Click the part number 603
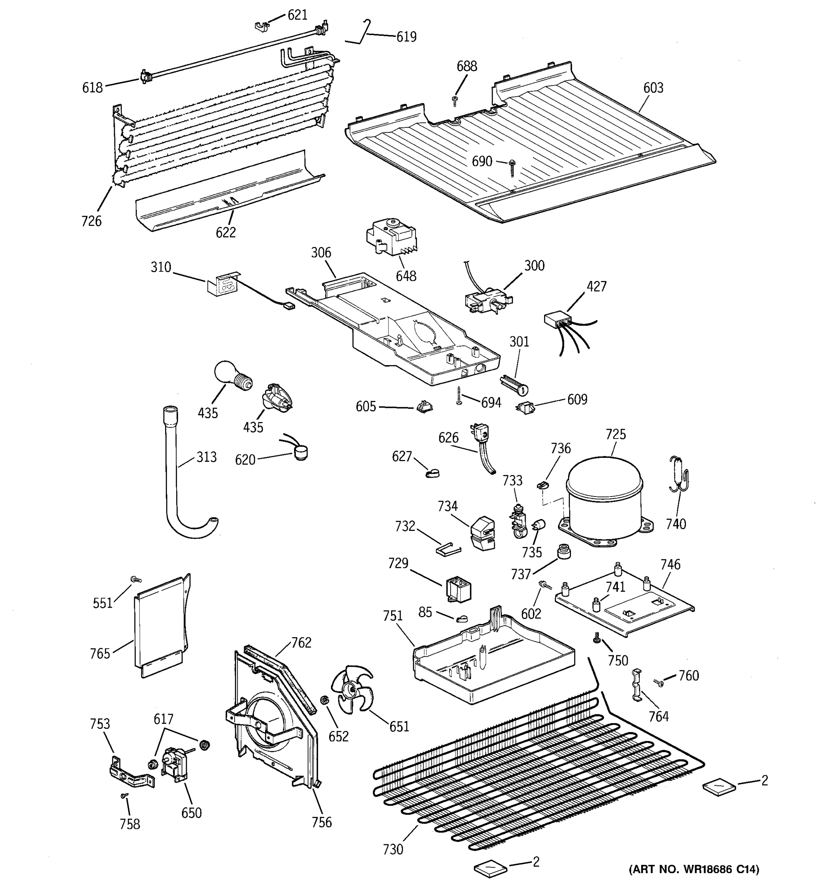tap(653, 88)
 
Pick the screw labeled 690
tap(512, 168)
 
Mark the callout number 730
tap(393, 849)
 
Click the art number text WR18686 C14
tap(694, 869)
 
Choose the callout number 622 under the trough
tap(226, 232)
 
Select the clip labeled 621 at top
tap(262, 26)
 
